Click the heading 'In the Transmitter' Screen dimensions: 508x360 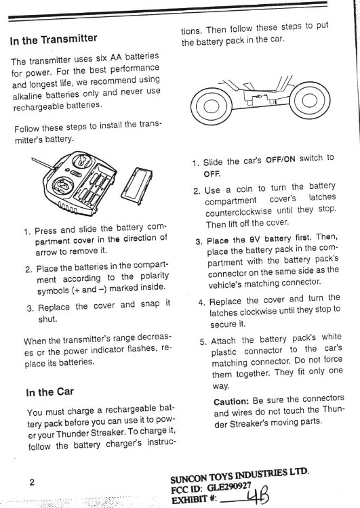click(54, 39)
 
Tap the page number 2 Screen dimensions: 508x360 click(31, 482)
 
